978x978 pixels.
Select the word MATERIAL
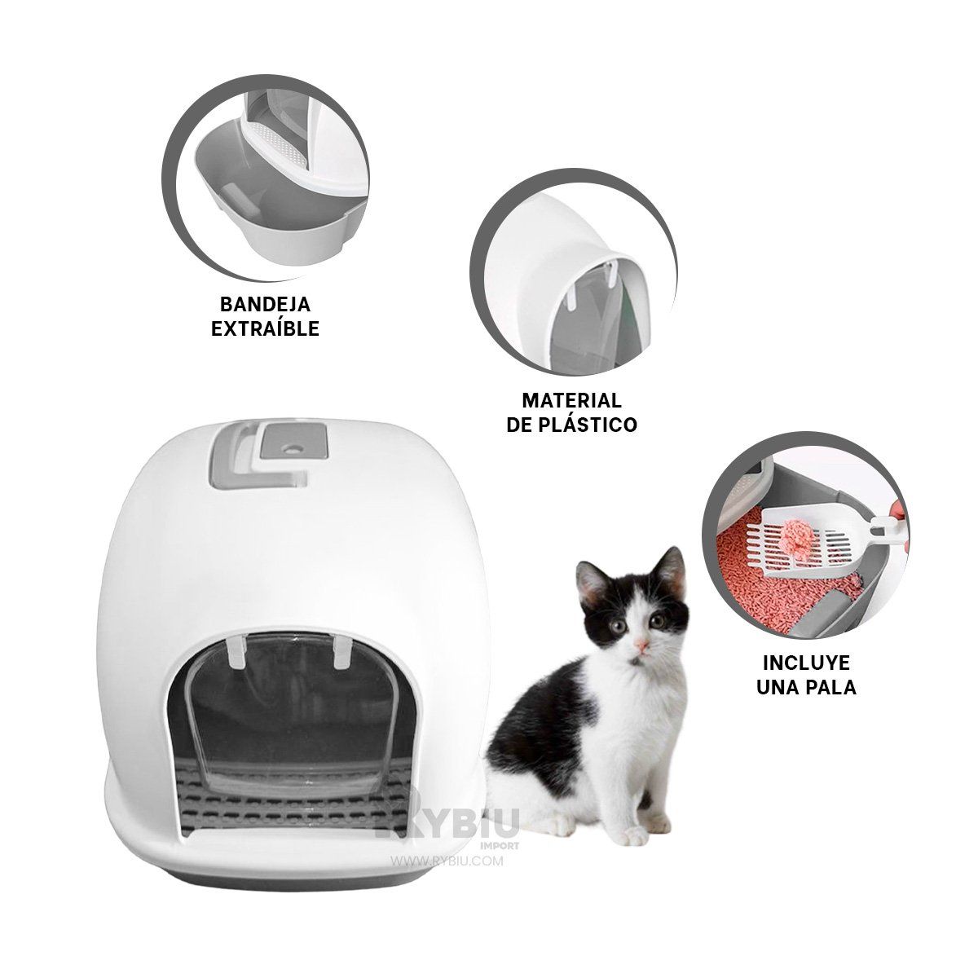[571, 401]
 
